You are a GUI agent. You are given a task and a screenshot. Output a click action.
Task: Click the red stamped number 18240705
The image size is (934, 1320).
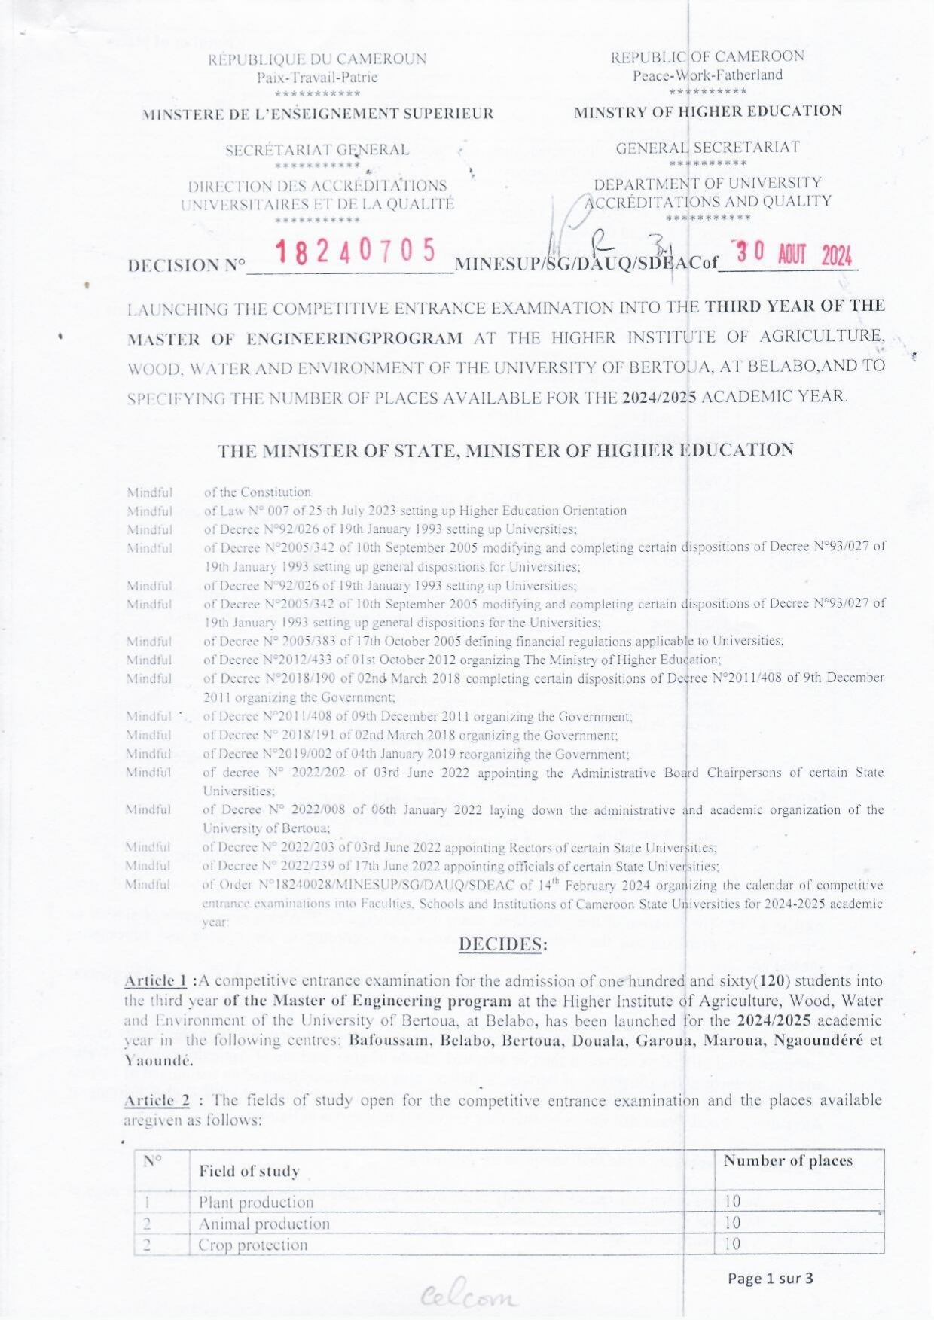point(356,252)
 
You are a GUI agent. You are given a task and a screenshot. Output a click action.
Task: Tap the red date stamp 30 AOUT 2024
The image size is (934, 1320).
point(793,255)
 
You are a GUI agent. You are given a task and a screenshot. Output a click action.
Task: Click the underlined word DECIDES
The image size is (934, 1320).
point(502,944)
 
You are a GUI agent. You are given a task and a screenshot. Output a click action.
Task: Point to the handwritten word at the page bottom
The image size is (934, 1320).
point(470,1296)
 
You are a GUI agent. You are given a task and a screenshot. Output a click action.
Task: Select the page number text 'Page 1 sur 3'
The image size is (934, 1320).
point(770,1278)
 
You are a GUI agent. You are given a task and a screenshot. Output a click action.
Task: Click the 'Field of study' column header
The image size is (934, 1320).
point(249,1171)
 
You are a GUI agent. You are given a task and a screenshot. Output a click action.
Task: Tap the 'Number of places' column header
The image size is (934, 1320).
point(788,1160)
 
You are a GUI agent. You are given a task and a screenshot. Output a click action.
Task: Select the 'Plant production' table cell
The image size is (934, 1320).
point(255,1202)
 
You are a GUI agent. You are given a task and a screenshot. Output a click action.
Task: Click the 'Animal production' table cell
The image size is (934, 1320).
point(264,1224)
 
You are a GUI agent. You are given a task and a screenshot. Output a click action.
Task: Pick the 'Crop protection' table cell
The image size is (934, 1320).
point(252,1245)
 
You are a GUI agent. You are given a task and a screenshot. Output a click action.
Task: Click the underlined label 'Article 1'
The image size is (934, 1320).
point(155,980)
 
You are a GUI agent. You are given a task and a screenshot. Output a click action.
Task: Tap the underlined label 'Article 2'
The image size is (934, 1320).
point(156,1100)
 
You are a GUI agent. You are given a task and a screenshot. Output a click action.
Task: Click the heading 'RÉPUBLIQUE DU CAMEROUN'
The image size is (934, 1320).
point(317,59)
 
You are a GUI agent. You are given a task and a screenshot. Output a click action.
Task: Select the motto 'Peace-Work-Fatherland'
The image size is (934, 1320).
point(707,75)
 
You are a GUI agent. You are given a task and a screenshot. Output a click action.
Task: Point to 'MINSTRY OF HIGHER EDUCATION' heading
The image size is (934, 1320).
point(707,111)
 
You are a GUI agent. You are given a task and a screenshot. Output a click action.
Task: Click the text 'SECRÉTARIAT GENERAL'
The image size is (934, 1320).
point(317,150)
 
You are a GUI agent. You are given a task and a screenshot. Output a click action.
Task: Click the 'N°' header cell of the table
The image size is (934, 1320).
point(153,1160)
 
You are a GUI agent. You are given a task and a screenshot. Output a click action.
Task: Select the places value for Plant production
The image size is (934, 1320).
point(732,1201)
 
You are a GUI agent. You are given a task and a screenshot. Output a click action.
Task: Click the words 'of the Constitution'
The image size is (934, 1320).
point(257,492)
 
